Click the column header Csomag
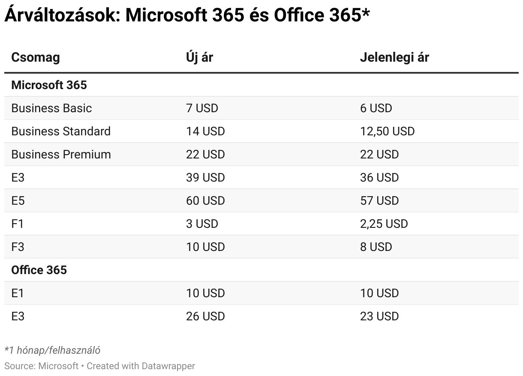(36, 57)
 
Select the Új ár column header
(199, 57)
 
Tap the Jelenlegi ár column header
(394, 57)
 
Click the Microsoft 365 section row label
(49, 85)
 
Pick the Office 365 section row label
(39, 270)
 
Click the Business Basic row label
(51, 108)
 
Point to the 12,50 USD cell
(387, 131)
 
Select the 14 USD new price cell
(205, 131)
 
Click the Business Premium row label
(61, 154)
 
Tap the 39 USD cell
(205, 177)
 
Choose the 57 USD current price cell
(379, 200)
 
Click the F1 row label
(17, 224)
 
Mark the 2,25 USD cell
(384, 224)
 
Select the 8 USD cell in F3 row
(376, 247)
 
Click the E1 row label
(18, 293)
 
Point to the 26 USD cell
(205, 316)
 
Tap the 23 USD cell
(379, 316)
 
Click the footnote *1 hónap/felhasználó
(52, 350)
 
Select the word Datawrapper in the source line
(168, 366)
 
